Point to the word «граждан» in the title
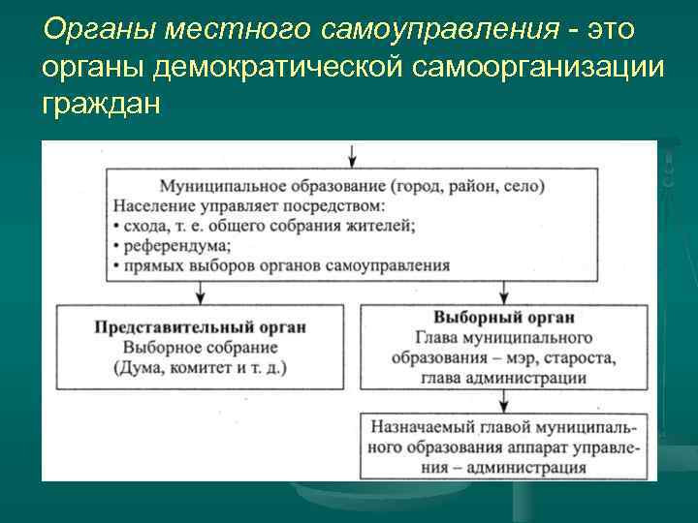click(97, 101)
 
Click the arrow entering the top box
click(352, 155)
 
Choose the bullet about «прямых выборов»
click(281, 264)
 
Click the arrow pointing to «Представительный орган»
click(200, 291)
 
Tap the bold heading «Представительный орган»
click(200, 326)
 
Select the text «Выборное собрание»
click(200, 347)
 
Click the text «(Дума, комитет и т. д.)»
click(200, 367)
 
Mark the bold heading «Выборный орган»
click(504, 317)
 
